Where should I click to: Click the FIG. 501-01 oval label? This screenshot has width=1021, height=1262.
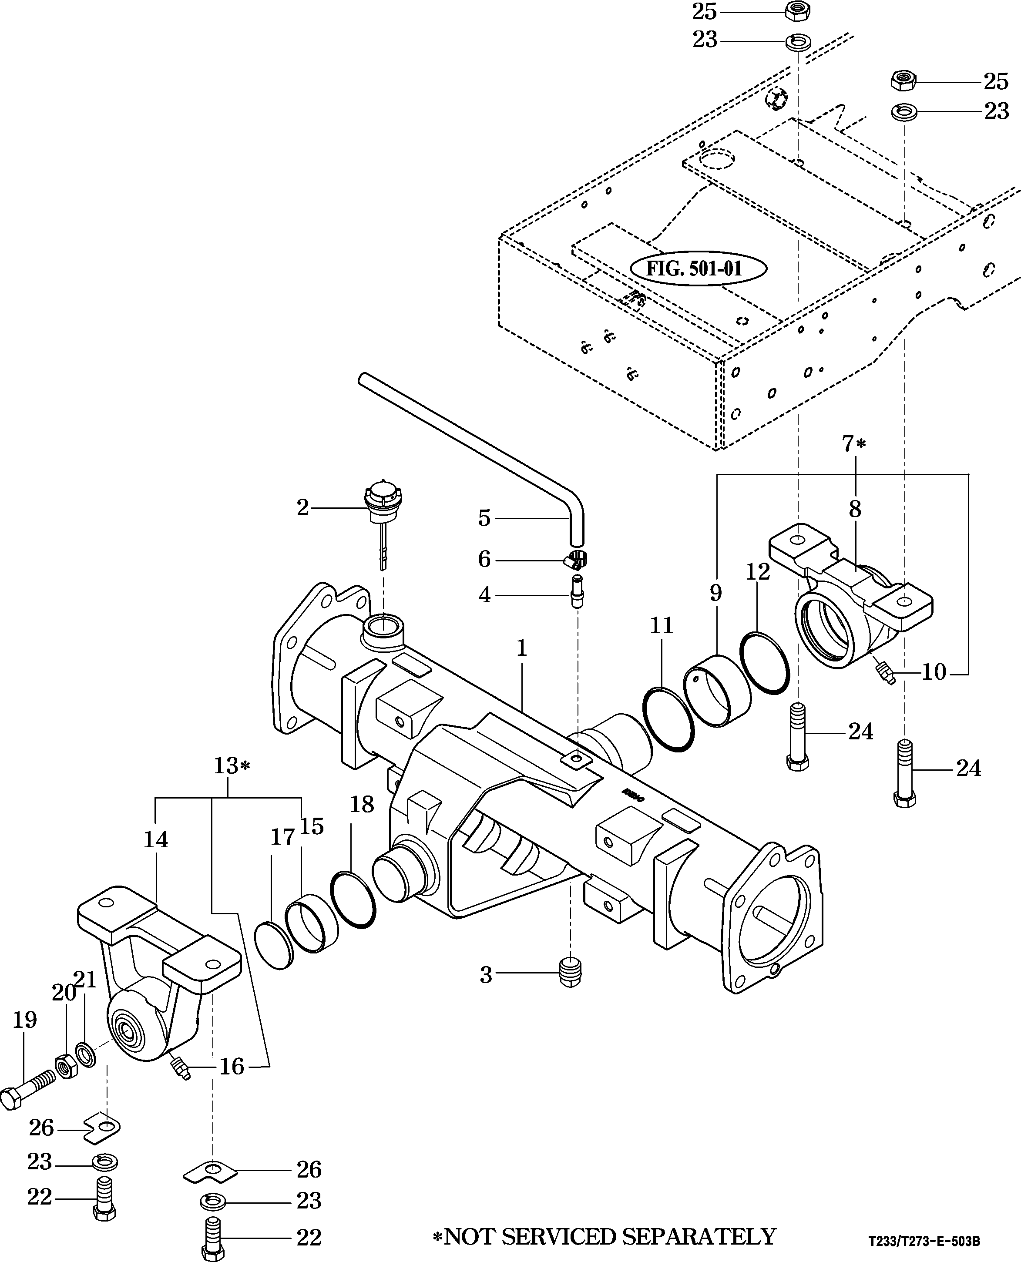click(698, 269)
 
